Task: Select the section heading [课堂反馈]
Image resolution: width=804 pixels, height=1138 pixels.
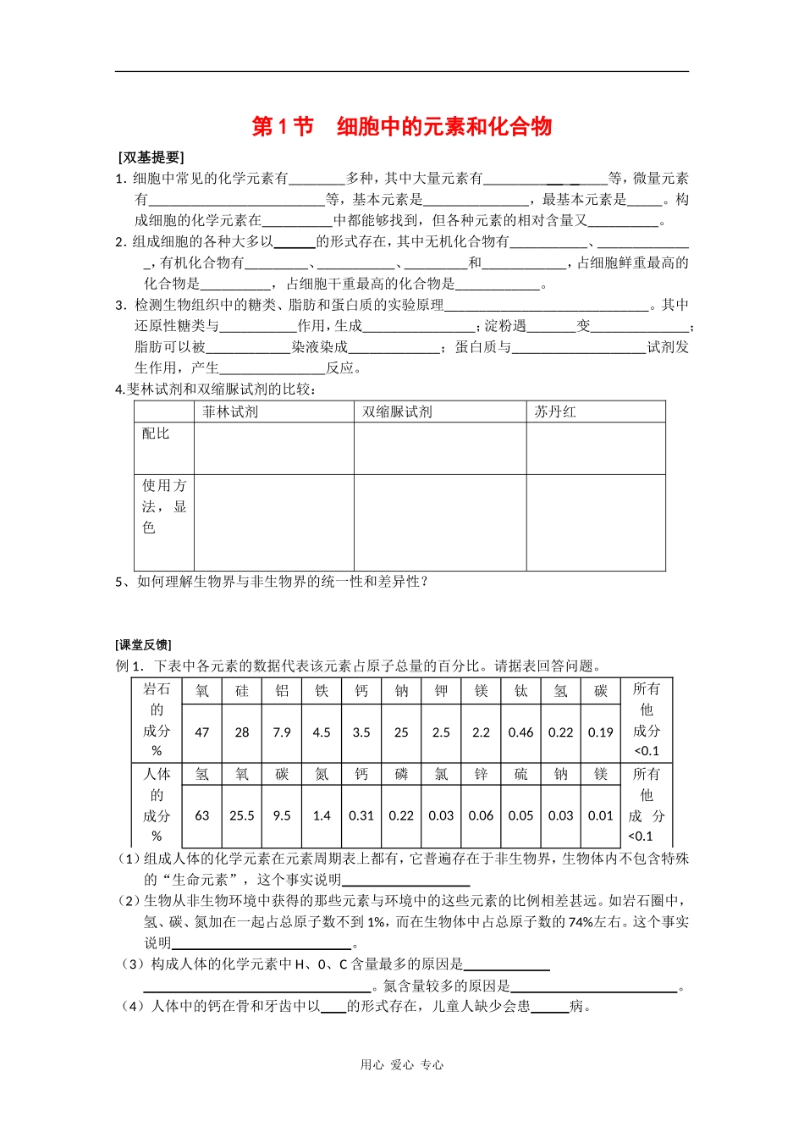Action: click(143, 645)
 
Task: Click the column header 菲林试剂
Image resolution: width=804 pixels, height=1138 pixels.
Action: click(230, 412)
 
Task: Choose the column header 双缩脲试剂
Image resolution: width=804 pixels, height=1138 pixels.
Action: click(397, 412)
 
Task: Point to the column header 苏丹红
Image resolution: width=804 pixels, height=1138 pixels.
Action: click(555, 412)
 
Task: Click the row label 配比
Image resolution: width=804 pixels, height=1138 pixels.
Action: click(156, 434)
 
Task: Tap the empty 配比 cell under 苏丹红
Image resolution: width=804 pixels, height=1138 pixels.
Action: click(596, 449)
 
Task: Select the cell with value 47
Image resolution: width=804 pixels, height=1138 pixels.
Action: click(201, 732)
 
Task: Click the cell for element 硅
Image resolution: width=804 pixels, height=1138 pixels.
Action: click(242, 691)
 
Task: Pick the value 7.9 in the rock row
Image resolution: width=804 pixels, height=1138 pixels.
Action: click(282, 732)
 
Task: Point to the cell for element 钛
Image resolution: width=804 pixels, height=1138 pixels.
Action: click(520, 691)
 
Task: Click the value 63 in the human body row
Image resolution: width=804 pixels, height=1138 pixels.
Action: click(201, 816)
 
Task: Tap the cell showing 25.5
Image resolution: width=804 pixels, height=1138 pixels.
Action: click(242, 816)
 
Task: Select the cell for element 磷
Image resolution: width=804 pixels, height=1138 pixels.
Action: click(401, 774)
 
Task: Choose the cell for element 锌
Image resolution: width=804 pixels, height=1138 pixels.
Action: click(481, 774)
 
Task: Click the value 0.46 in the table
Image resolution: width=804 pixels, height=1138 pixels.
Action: click(520, 732)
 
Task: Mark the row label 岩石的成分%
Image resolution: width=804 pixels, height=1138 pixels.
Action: click(156, 720)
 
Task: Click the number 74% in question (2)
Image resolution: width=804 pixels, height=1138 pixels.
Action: click(581, 922)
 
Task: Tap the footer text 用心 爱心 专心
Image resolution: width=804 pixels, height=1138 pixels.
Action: click(402, 1065)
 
